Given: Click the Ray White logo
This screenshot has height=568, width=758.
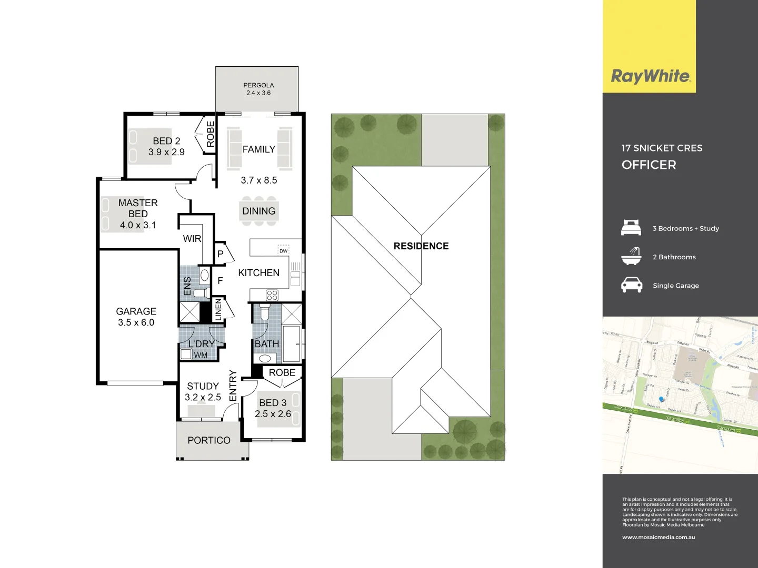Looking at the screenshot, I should (x=650, y=76).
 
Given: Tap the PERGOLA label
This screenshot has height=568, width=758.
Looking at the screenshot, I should (x=258, y=85).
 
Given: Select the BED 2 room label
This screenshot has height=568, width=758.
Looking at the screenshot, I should (x=166, y=141).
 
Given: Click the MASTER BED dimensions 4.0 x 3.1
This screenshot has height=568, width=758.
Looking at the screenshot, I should (x=138, y=225).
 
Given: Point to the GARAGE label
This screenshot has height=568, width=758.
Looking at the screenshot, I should (x=136, y=311).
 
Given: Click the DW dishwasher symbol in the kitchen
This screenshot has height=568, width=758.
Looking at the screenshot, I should (x=283, y=251).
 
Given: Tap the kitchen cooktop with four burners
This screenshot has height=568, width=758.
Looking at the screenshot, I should (x=272, y=295).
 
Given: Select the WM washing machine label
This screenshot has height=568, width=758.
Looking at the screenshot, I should (x=201, y=355).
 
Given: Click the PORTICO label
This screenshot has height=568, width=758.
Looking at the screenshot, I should (x=209, y=440).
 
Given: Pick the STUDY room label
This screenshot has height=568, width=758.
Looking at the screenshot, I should (x=203, y=386).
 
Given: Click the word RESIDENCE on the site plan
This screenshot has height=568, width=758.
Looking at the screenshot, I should (x=421, y=246).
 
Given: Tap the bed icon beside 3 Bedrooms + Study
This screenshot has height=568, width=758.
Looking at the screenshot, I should (x=631, y=228).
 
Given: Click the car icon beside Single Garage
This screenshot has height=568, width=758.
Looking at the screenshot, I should (x=631, y=285).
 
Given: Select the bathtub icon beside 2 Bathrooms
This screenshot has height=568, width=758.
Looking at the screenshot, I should (x=631, y=256).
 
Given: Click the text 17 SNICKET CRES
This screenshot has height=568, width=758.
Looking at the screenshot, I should (x=662, y=148).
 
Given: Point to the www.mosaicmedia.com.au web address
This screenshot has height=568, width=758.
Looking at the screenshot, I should (x=659, y=537).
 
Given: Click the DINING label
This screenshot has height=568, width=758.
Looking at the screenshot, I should (x=258, y=211).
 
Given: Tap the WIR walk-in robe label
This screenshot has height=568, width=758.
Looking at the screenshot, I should (x=192, y=239).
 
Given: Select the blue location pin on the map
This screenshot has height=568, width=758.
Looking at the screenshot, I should (x=662, y=399).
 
